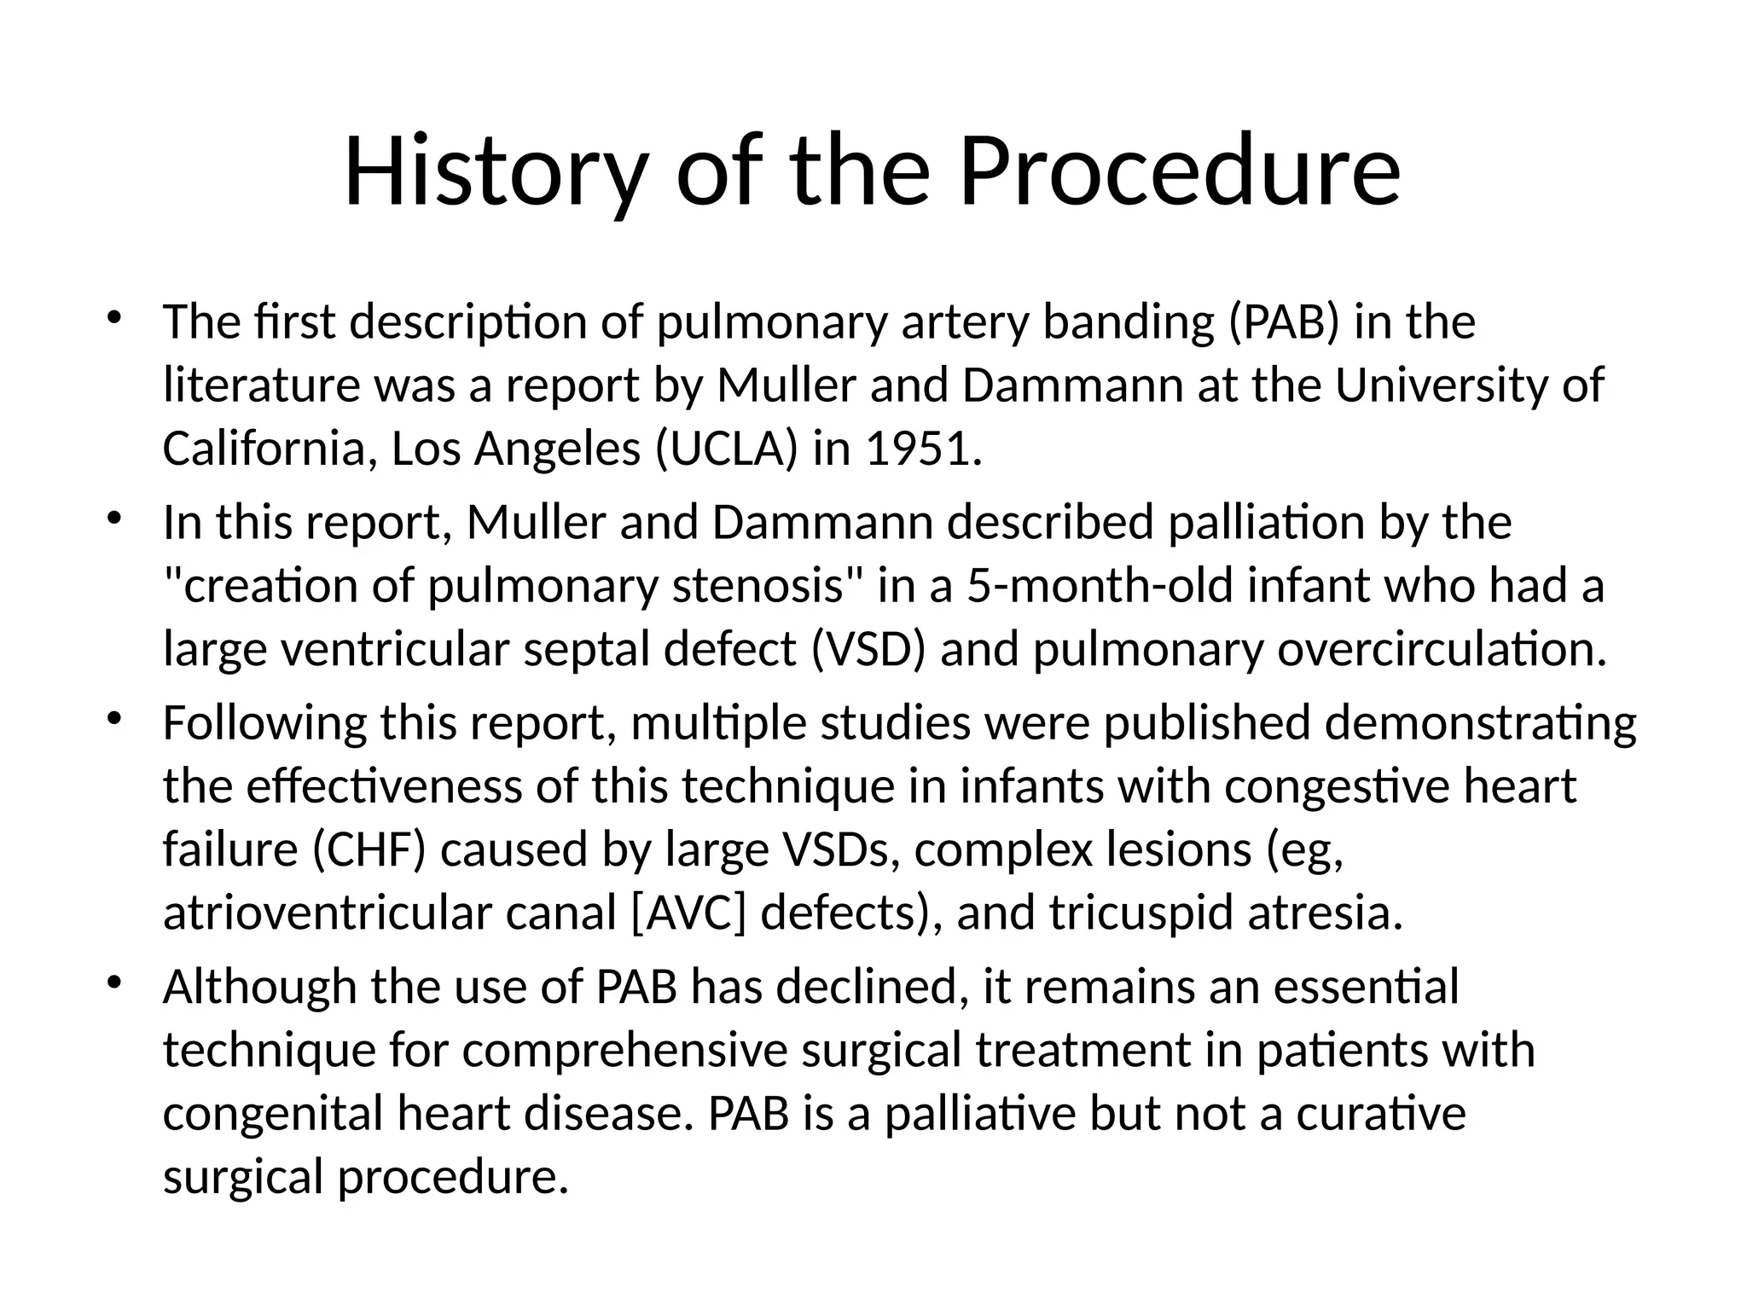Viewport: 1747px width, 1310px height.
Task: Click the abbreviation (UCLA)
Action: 727,449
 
